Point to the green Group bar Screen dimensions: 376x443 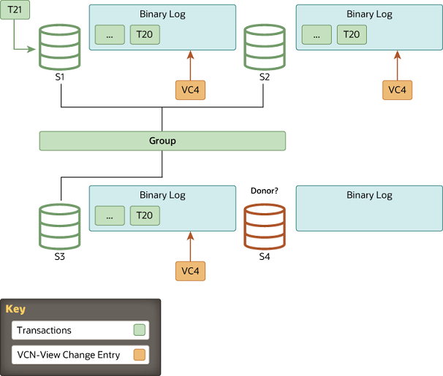[162, 141]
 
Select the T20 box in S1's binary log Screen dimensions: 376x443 [145, 34]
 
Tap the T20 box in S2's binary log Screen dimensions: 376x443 [352, 34]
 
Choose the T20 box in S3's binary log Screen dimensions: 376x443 [145, 216]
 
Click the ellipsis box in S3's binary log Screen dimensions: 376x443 [110, 216]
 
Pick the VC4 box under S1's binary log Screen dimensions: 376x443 [190, 90]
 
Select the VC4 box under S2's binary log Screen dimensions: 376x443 [397, 90]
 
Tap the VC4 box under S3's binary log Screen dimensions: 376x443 [190, 271]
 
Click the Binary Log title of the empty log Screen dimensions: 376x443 [369, 195]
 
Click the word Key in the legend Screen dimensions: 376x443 [15, 309]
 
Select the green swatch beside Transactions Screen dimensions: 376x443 [140, 330]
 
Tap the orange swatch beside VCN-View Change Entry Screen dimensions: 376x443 [140, 356]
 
